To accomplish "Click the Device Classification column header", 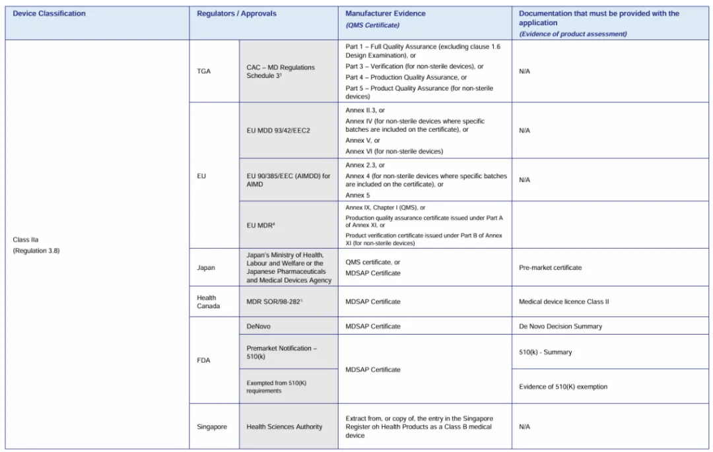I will click(x=50, y=14).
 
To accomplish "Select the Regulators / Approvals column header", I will click(x=236, y=14).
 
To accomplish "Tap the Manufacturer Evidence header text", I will click(x=385, y=14).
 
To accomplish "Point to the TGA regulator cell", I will click(x=204, y=71).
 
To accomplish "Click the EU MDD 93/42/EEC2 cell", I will click(x=278, y=131).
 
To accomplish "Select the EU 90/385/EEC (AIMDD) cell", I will click(x=288, y=180).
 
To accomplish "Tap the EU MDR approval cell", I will click(x=261, y=226).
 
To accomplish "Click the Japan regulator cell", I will click(x=206, y=268).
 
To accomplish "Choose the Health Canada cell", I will click(x=207, y=302).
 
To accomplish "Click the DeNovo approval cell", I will click(x=259, y=326).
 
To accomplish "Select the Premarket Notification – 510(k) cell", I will click(x=282, y=352).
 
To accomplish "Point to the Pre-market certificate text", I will click(x=550, y=268).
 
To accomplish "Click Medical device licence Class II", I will click(x=564, y=302).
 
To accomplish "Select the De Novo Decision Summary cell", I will click(x=560, y=326).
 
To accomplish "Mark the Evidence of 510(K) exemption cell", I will click(x=563, y=387).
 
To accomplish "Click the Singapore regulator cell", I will click(x=211, y=427).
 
